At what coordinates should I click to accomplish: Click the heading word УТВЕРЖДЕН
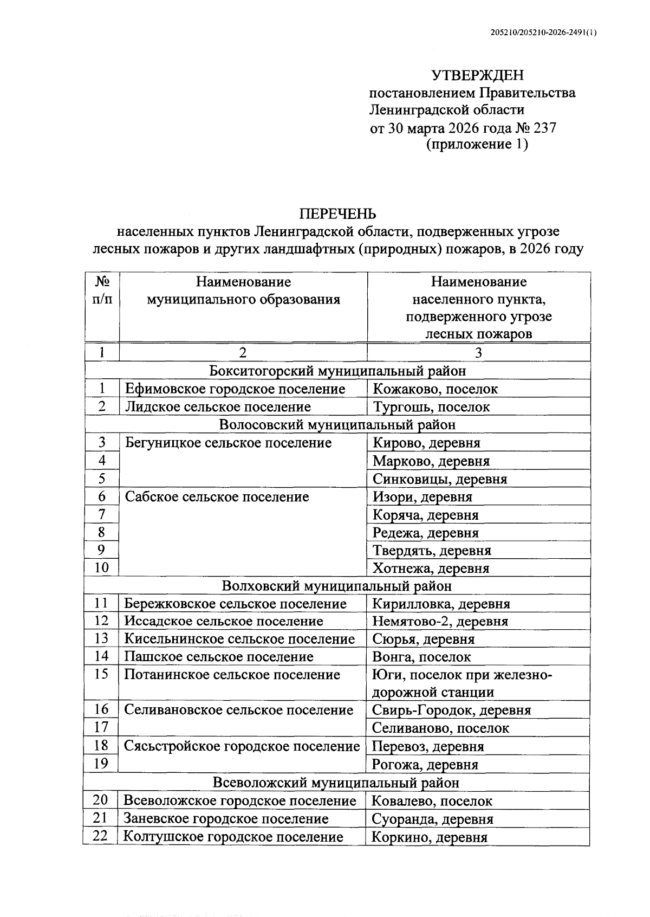pyautogui.click(x=477, y=75)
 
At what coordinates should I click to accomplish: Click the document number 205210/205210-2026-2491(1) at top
pyautogui.click(x=543, y=33)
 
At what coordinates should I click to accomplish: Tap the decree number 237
pyautogui.click(x=544, y=128)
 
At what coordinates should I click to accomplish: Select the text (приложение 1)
pyautogui.click(x=477, y=145)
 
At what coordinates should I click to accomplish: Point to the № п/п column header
pyautogui.click(x=102, y=290)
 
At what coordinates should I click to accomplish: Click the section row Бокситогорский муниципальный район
pyautogui.click(x=337, y=371)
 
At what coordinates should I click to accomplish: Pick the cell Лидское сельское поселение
pyautogui.click(x=218, y=406)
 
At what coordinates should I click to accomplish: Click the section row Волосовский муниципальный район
pyautogui.click(x=337, y=424)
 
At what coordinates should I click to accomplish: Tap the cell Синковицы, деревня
pyautogui.click(x=440, y=479)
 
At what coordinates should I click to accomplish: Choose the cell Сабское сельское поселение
pyautogui.click(x=217, y=496)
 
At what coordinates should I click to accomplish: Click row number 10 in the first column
pyautogui.click(x=102, y=567)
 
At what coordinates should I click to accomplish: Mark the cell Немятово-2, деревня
pyautogui.click(x=440, y=621)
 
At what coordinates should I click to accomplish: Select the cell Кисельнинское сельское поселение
pyautogui.click(x=239, y=639)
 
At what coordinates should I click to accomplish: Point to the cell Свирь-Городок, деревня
pyautogui.click(x=452, y=710)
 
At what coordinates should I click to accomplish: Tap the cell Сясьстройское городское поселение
pyautogui.click(x=242, y=746)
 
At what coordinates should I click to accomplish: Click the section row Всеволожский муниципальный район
pyautogui.click(x=336, y=783)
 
